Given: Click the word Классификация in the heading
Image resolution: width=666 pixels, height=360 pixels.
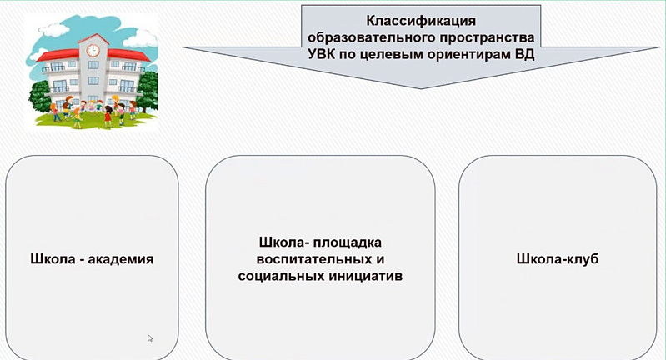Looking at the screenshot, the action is (x=421, y=21).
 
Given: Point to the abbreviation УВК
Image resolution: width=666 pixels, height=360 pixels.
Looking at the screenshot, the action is (x=321, y=55).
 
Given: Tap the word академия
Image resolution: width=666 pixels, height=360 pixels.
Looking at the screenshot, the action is (x=121, y=259).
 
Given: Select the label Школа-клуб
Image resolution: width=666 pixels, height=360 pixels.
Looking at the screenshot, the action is (x=558, y=259).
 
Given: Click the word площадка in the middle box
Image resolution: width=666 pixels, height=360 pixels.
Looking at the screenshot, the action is (x=348, y=242).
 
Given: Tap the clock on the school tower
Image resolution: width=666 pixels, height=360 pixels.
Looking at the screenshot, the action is (x=93, y=50).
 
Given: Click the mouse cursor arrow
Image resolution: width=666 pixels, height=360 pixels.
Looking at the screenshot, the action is (x=150, y=338).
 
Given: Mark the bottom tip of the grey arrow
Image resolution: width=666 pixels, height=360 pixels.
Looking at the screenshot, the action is (x=420, y=88).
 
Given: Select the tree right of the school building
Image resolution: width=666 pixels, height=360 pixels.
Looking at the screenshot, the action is (x=148, y=92).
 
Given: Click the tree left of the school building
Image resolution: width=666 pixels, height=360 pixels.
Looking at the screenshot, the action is (x=39, y=97).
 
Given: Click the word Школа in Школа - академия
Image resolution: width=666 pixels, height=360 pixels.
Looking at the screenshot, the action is (x=53, y=259).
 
